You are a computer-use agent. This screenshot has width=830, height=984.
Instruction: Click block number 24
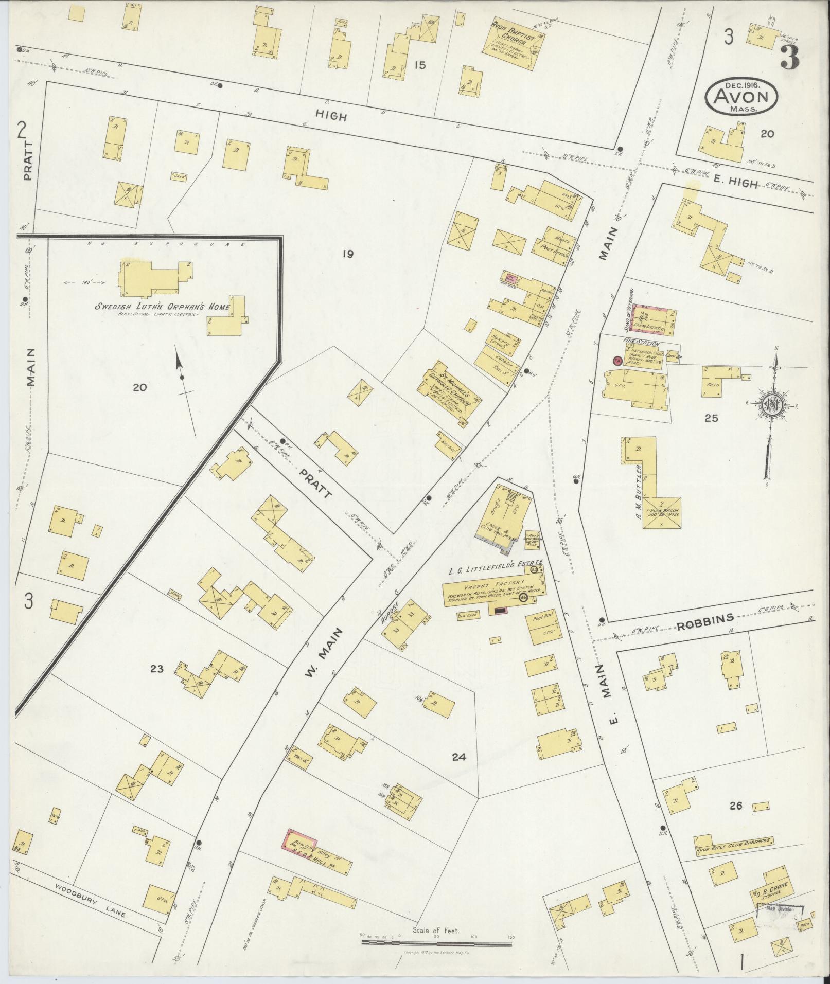458,757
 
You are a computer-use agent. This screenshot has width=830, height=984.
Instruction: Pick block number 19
347,253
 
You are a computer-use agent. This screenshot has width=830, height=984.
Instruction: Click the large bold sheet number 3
789,57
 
